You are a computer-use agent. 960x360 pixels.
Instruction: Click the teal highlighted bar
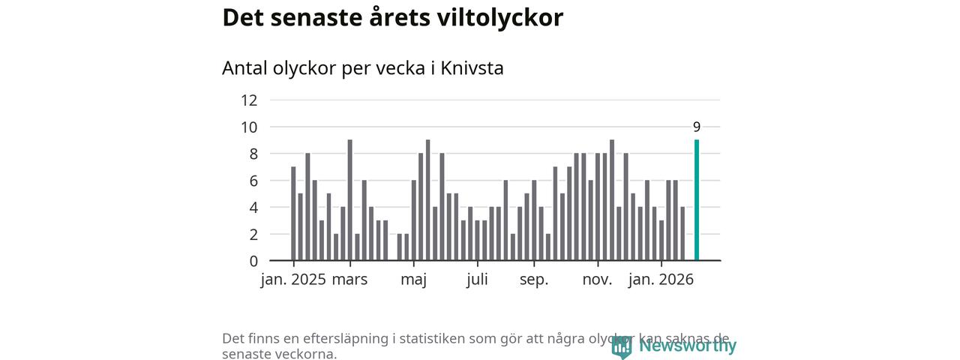tap(697, 200)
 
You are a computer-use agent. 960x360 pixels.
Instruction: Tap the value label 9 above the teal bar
tap(697, 127)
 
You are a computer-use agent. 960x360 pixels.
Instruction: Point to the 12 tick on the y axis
tap(249, 100)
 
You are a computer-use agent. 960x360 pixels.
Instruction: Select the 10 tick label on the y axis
tap(249, 127)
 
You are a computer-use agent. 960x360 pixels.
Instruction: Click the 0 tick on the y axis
tap(253, 261)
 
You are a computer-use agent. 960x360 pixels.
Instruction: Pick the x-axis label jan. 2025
tap(293, 280)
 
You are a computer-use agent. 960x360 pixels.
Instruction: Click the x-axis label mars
tap(350, 280)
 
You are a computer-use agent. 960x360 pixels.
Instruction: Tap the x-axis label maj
tap(413, 280)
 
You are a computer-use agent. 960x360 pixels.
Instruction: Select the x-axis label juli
tap(477, 280)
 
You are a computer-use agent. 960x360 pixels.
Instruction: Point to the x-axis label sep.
tap(534, 280)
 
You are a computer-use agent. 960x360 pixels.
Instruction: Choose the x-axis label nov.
tap(598, 280)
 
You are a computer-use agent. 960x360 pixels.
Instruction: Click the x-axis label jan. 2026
tap(661, 280)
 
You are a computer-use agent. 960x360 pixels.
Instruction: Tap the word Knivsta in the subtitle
tap(472, 68)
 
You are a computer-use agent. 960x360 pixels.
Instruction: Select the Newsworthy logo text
tap(688, 346)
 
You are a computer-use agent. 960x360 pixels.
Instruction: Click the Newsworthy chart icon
tap(621, 346)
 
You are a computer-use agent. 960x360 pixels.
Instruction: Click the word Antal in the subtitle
tap(244, 68)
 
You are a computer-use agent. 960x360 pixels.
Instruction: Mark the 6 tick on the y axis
tap(253, 181)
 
